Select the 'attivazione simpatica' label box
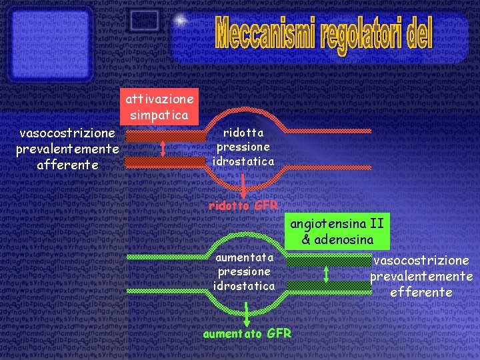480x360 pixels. pyautogui.click(x=160, y=107)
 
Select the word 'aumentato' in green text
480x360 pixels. pyautogui.click(x=232, y=333)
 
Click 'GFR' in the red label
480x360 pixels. pyautogui.click(x=265, y=205)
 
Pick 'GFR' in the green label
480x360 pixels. pyautogui.click(x=279, y=333)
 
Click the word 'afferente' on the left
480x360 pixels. pyautogui.click(x=67, y=164)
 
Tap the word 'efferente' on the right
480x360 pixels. pyautogui.click(x=421, y=292)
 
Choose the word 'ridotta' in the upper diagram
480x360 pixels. pyautogui.click(x=243, y=132)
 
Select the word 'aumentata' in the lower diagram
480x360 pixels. pyautogui.click(x=243, y=257)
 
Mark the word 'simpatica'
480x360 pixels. pyautogui.click(x=160, y=115)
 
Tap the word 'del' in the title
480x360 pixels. pyautogui.click(x=418, y=33)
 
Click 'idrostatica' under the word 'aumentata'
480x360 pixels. pyautogui.click(x=243, y=285)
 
